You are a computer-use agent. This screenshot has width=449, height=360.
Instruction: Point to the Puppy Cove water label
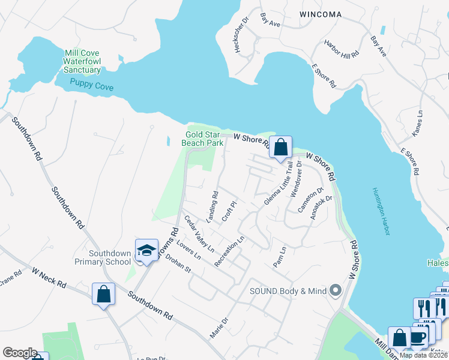91,86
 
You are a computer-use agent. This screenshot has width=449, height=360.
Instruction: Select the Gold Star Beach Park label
202,139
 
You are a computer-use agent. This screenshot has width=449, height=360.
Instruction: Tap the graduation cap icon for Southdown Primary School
146,251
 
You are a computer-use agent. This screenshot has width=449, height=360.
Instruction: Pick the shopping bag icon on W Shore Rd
280,146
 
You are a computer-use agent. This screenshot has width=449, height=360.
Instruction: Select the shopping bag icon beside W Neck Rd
104,294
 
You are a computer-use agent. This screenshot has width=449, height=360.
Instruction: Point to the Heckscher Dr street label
245,37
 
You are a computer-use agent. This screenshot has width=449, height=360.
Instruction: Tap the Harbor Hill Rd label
341,49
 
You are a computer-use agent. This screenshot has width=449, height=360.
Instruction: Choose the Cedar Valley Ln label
199,232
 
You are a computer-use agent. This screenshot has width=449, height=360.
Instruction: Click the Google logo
20,352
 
